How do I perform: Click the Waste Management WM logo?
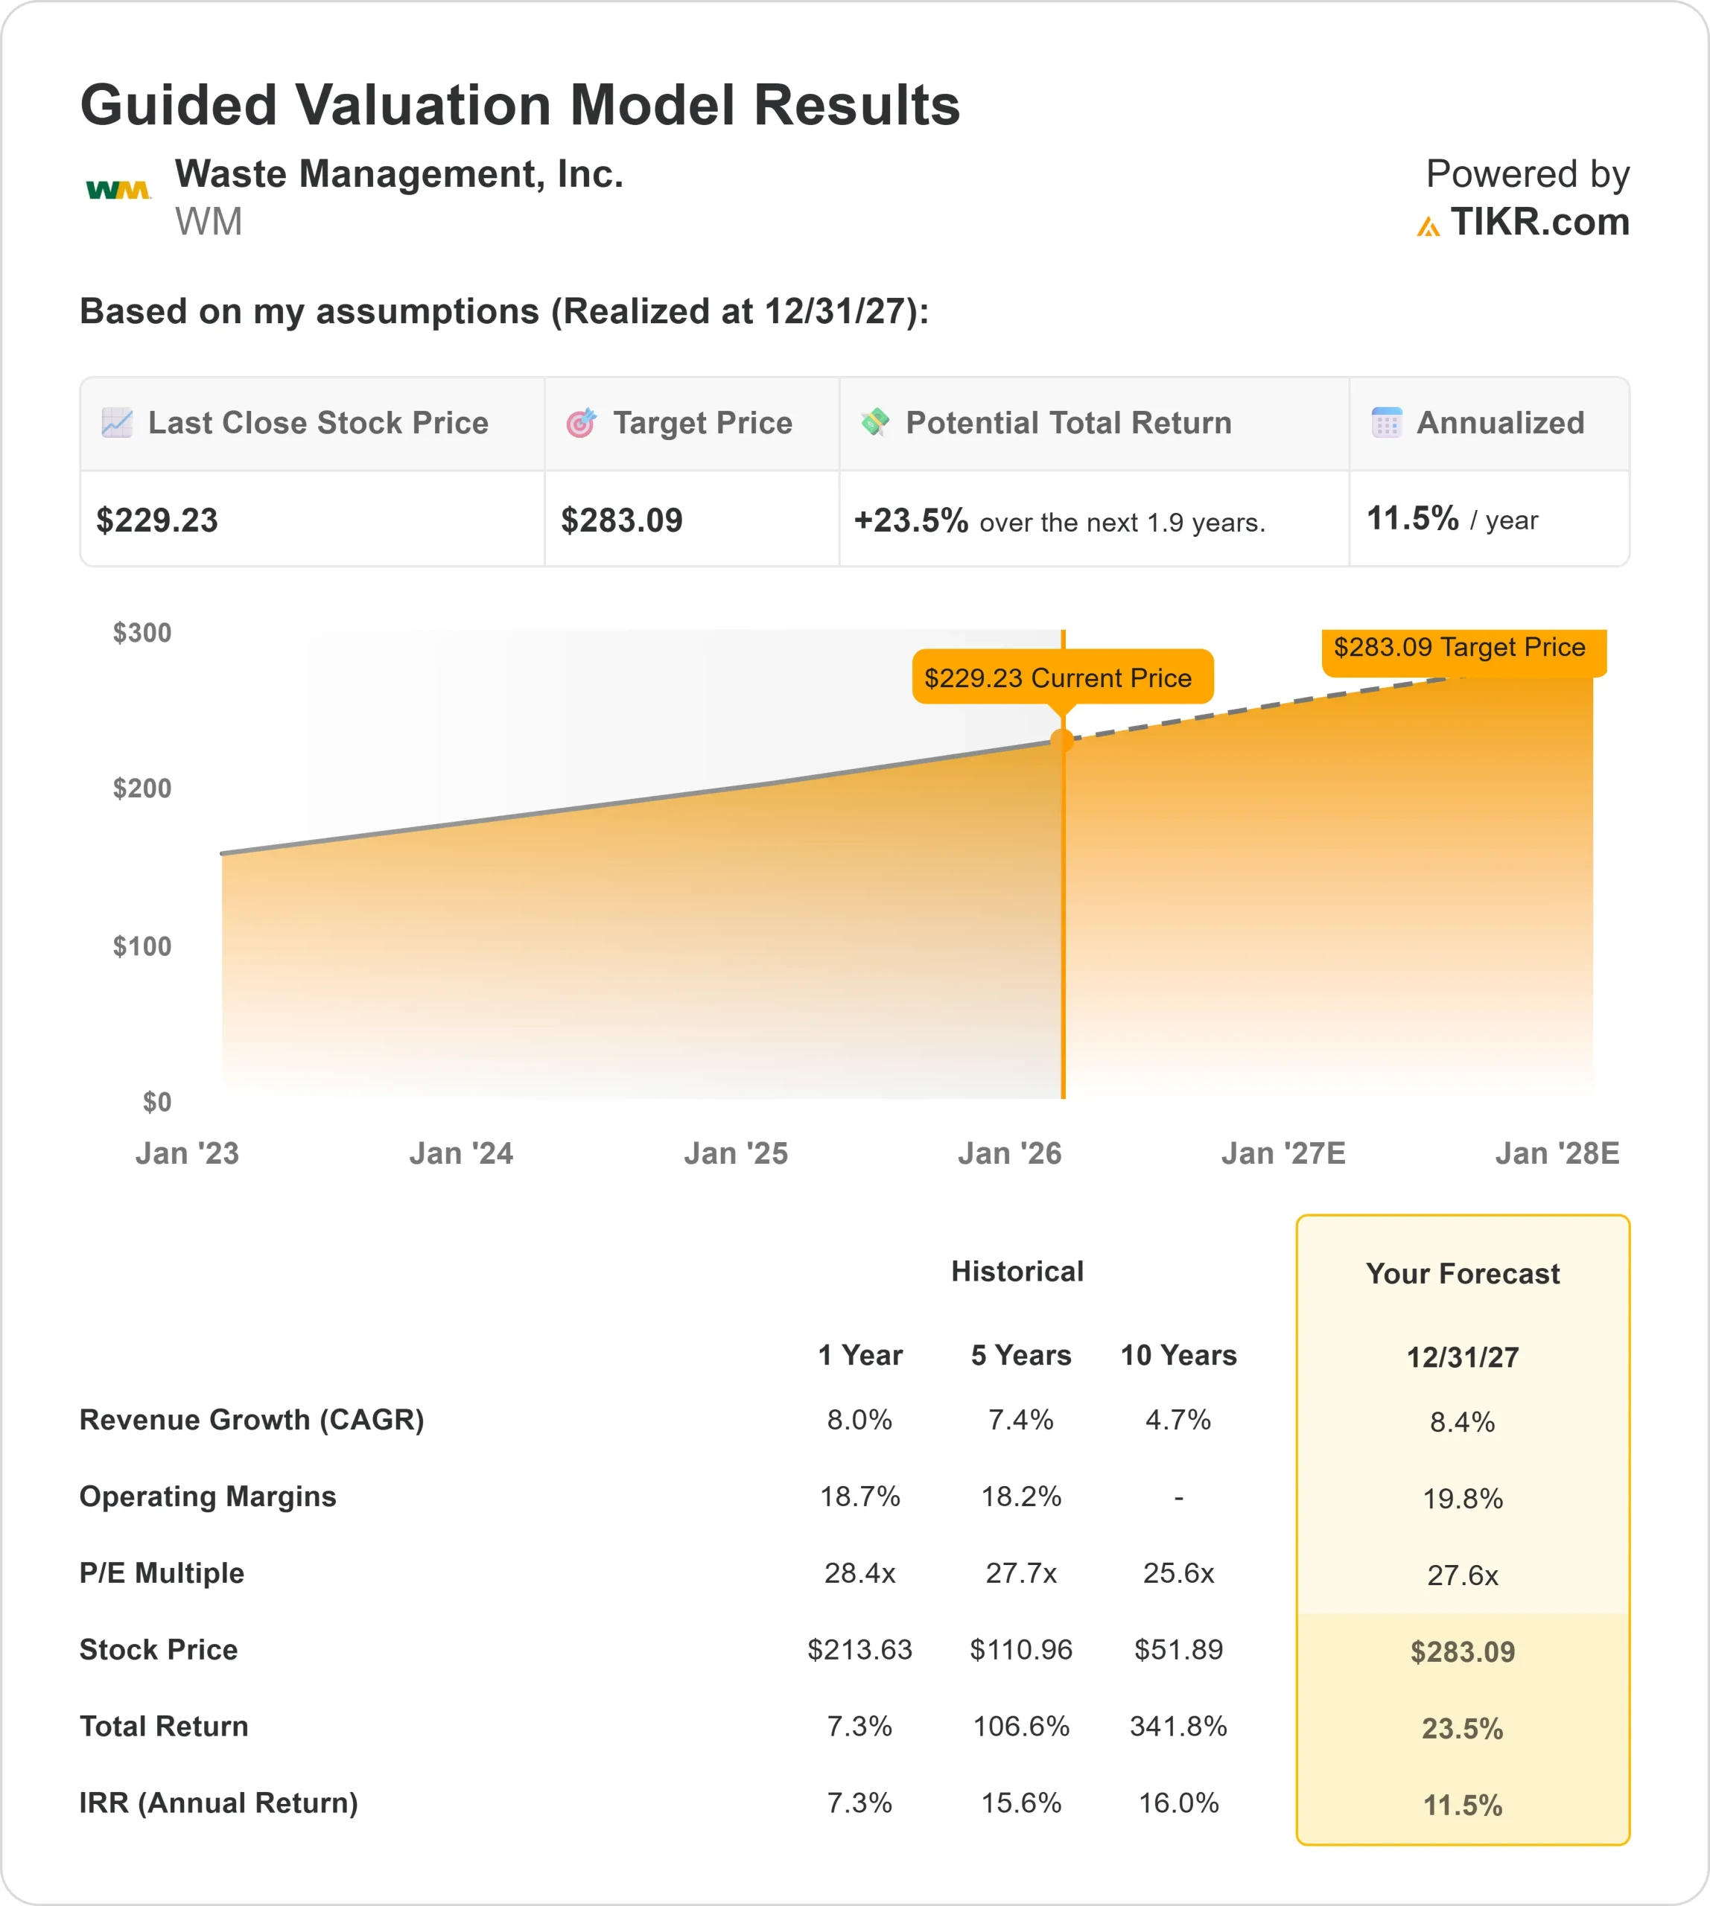[118, 191]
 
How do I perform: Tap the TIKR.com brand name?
[1539, 223]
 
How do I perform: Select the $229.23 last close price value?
[157, 520]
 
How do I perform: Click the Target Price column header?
[702, 423]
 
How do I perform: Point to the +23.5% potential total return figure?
[910, 520]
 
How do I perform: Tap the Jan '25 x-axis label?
[736, 1153]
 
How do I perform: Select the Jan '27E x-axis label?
[1282, 1153]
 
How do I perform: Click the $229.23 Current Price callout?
[1062, 678]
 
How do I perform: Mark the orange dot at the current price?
[1063, 740]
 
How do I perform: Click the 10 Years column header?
[1178, 1356]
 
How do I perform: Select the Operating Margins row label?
[208, 1497]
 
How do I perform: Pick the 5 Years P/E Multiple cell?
[1020, 1573]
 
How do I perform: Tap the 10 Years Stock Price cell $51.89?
[1178, 1650]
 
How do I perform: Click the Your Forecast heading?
[1462, 1274]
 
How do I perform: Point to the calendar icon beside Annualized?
[1386, 423]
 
